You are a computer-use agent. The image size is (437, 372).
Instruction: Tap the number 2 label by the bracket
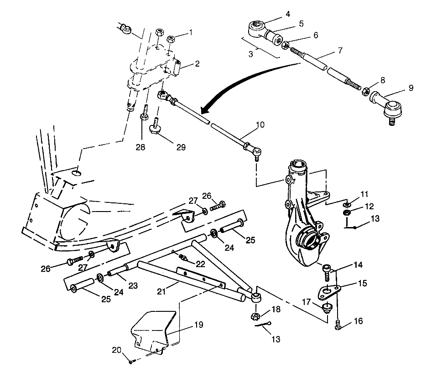197,64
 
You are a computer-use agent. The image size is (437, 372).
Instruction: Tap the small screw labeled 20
131,361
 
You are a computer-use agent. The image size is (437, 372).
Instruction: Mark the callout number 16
358,321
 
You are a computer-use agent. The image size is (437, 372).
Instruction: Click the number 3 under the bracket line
250,54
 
